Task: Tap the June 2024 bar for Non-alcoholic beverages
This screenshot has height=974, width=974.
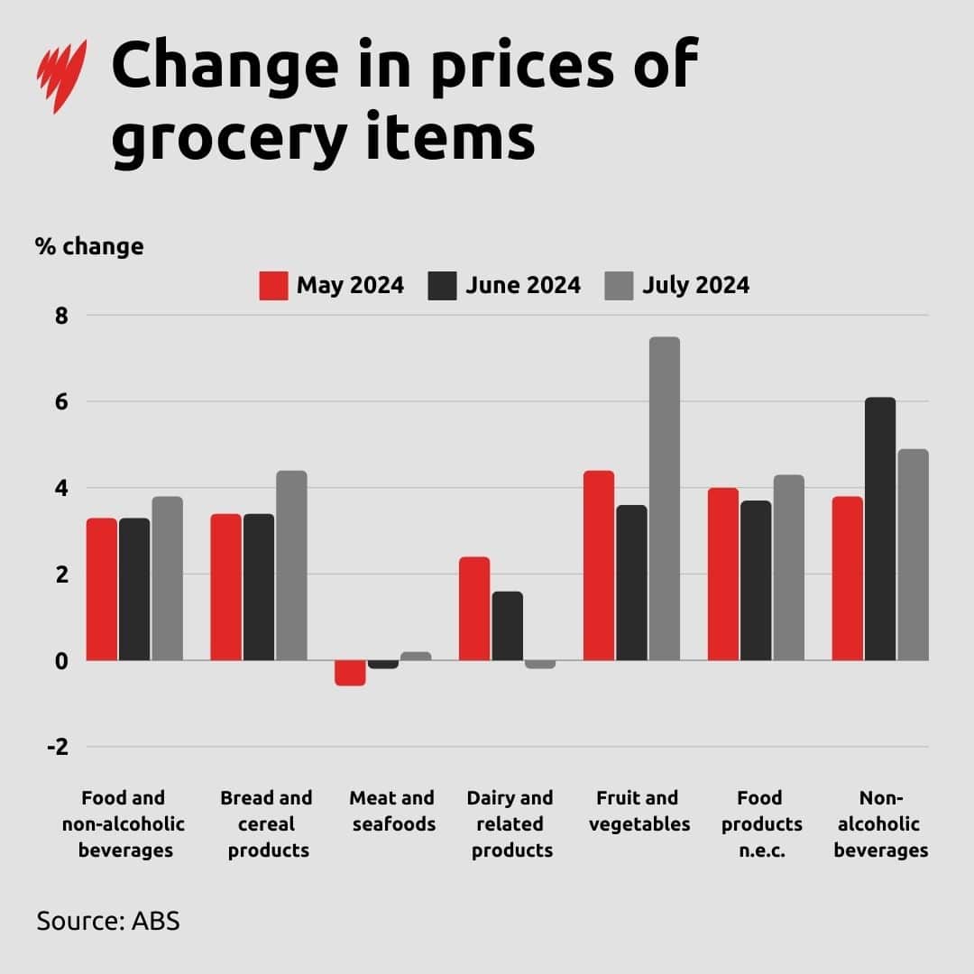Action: (x=880, y=528)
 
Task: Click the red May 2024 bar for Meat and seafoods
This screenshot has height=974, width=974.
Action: (x=350, y=673)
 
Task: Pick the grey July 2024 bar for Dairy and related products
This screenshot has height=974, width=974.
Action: (x=540, y=665)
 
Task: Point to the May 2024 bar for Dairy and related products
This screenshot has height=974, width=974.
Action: (x=474, y=609)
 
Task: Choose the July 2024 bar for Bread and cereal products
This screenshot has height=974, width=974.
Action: (x=291, y=565)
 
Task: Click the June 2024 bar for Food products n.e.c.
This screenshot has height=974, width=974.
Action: (x=756, y=581)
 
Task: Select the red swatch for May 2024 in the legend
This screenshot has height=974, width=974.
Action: (x=273, y=286)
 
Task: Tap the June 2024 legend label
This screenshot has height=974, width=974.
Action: (x=523, y=286)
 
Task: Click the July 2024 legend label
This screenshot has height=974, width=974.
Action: (x=695, y=286)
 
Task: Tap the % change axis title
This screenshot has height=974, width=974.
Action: (x=89, y=246)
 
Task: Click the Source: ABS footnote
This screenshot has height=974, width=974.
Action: (x=108, y=922)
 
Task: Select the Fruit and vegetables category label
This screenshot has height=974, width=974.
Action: (x=637, y=811)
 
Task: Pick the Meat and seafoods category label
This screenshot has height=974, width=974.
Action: (x=391, y=811)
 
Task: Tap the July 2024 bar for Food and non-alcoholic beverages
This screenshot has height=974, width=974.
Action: (x=167, y=578)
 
